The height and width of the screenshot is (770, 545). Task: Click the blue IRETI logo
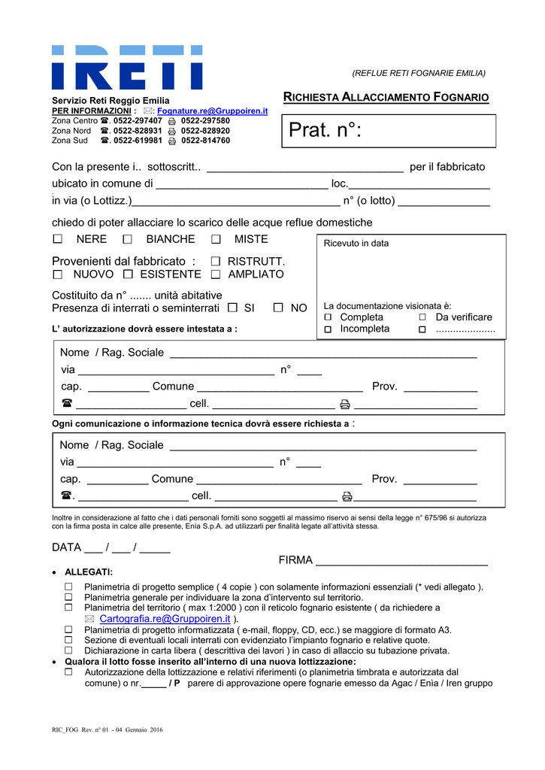tap(127, 68)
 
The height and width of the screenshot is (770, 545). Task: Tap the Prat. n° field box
tap(389, 131)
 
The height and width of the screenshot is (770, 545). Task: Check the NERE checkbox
tap(58, 239)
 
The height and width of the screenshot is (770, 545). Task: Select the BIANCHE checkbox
tap(127, 239)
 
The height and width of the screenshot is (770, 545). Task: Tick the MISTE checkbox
tap(216, 239)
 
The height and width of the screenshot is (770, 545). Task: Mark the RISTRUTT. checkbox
tap(216, 261)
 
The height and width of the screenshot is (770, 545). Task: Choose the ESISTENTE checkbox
tap(128, 274)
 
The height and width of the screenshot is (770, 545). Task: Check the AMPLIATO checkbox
tap(216, 274)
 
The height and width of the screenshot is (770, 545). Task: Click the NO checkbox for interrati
tap(278, 308)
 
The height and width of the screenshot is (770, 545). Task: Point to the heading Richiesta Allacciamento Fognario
tap(386, 98)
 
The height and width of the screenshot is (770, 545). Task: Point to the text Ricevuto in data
tap(356, 244)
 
